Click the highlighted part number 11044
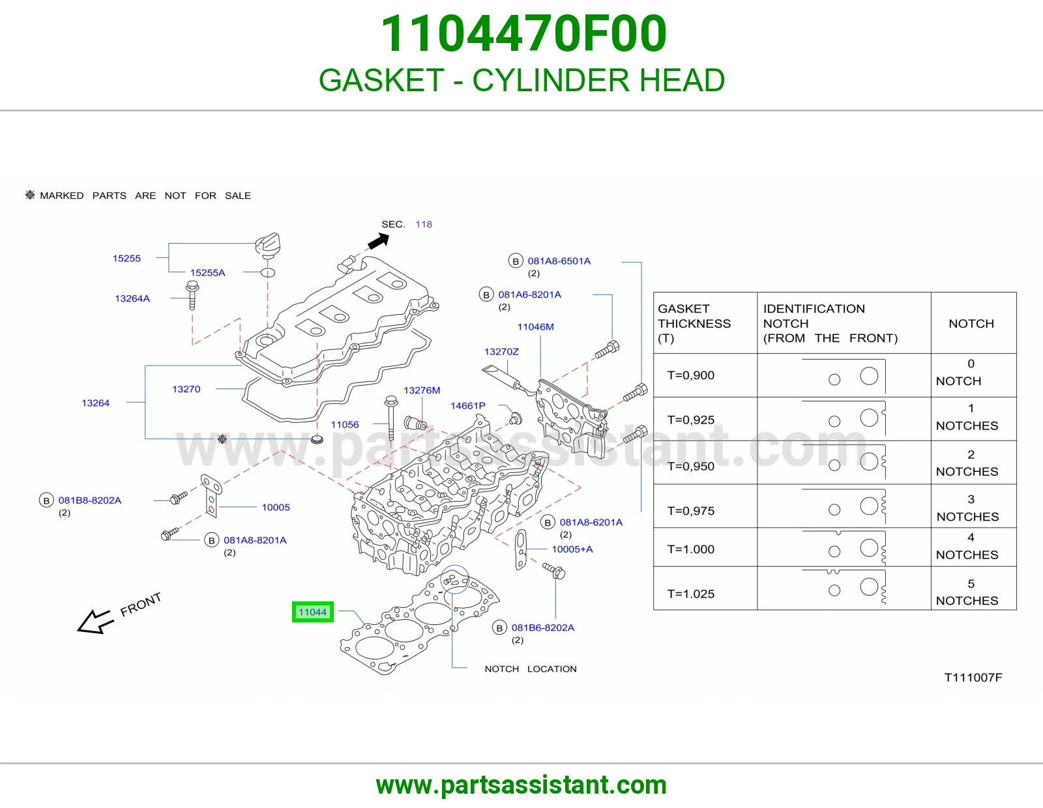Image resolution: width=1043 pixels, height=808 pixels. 312,612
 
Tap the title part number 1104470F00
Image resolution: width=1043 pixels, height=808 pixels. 523,33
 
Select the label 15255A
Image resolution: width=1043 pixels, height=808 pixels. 207,272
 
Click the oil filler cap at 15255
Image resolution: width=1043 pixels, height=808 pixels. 268,245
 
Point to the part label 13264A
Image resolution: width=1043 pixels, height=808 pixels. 132,298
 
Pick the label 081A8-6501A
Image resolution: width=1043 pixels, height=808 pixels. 559,261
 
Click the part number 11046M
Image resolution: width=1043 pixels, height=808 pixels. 536,326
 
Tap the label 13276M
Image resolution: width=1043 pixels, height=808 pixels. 422,390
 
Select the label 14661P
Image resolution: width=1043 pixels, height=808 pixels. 468,405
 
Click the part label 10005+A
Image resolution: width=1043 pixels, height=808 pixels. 572,549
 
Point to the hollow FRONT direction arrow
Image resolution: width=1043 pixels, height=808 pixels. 95,622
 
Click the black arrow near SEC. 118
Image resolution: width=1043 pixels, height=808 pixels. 379,240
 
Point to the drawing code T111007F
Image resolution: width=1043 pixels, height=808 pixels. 973,678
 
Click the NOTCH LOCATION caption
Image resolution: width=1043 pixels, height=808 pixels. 531,669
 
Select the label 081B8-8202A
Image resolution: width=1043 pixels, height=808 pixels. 90,500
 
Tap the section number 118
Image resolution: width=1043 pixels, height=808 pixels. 424,224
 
